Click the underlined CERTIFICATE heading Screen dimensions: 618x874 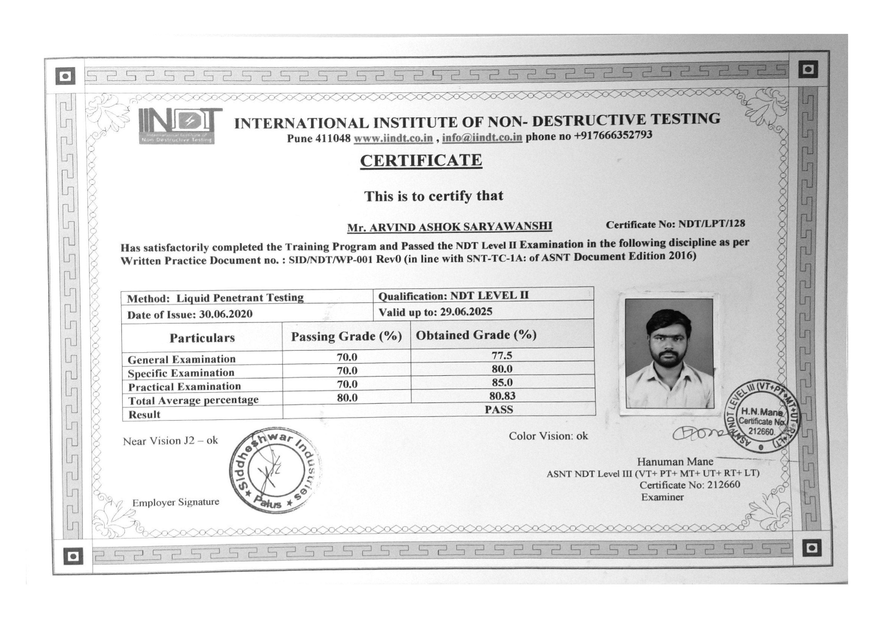pos(421,161)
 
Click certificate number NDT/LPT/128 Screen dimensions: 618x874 pos(712,224)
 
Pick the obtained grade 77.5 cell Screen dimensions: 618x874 pos(502,355)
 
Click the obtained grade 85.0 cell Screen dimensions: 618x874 pos(502,382)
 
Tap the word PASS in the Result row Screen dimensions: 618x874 pos(499,410)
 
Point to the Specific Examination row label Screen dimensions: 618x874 pos(181,373)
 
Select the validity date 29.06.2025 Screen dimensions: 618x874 pos(466,312)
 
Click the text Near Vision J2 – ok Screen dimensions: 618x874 pos(170,441)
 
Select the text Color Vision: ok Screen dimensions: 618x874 pos(548,436)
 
